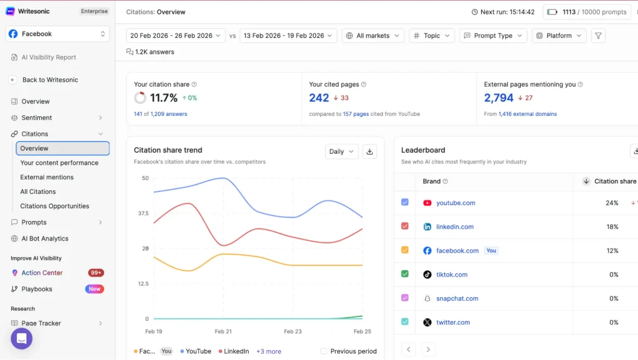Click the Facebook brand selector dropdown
[x=57, y=34]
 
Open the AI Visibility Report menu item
[x=49, y=57]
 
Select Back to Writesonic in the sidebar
[x=50, y=80]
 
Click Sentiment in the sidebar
[x=37, y=118]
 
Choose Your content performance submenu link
[x=59, y=163]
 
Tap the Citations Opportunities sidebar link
[x=55, y=206]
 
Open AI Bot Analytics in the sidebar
[x=45, y=239]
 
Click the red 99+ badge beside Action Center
[x=96, y=273]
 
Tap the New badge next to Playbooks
[x=94, y=289]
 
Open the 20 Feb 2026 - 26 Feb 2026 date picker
[x=176, y=36]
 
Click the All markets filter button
[x=373, y=36]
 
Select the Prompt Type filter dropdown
[x=493, y=36]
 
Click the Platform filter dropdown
[x=559, y=36]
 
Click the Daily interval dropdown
[x=341, y=151]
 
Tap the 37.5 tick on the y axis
[x=143, y=214]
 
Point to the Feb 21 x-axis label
[x=223, y=332]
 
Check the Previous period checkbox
[x=323, y=351]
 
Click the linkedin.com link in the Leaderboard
[x=455, y=227]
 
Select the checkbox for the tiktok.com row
[x=405, y=274]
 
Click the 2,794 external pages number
[x=498, y=98]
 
